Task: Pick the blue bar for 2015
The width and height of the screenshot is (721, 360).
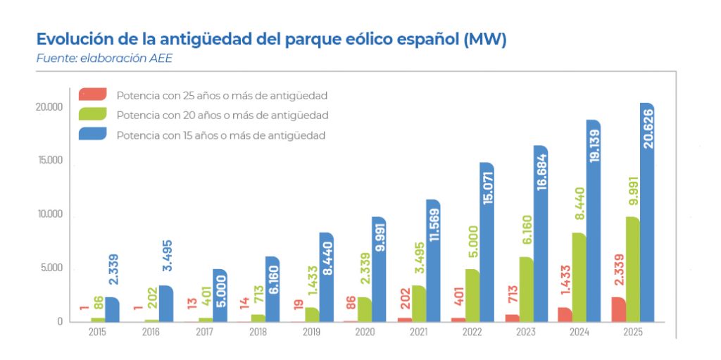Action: coord(112,309)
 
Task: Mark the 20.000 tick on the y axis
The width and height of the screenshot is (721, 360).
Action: coord(50,106)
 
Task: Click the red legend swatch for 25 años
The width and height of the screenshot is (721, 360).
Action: coord(92,94)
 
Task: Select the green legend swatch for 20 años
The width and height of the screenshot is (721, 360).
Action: coord(92,114)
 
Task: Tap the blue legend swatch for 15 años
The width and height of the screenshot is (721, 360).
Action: coord(92,134)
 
